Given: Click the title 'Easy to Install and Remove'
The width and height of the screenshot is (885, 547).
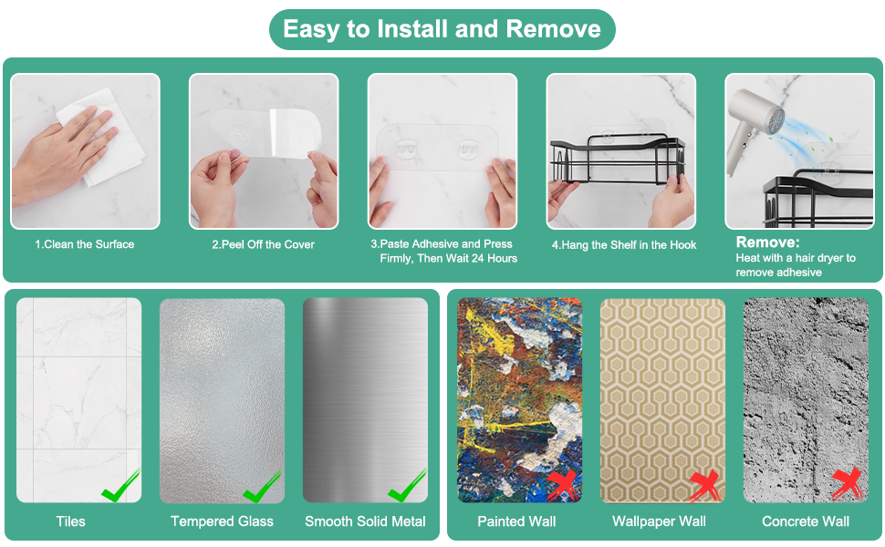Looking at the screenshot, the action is pyautogui.click(x=442, y=29).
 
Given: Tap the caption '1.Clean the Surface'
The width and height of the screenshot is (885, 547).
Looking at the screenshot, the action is pyautogui.click(x=85, y=244).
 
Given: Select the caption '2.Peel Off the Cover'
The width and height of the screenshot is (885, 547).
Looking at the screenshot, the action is pyautogui.click(x=263, y=244).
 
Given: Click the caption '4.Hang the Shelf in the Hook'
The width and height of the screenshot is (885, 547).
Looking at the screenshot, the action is pyautogui.click(x=624, y=244).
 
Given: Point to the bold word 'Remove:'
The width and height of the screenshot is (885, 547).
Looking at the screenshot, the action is pyautogui.click(x=767, y=243).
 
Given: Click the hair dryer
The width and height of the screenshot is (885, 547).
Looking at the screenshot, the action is pyautogui.click(x=755, y=127).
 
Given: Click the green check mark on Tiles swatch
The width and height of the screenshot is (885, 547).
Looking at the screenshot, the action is pyautogui.click(x=120, y=486).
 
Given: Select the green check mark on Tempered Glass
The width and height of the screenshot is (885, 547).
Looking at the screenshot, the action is pyautogui.click(x=263, y=487).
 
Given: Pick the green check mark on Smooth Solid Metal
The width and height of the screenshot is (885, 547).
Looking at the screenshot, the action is pyautogui.click(x=407, y=486).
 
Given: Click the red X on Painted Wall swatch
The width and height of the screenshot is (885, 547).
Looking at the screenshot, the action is pyautogui.click(x=563, y=484).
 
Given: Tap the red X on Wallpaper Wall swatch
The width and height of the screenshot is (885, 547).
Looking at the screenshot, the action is pyautogui.click(x=705, y=486).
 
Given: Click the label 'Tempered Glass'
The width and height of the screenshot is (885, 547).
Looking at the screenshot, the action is pyautogui.click(x=222, y=521).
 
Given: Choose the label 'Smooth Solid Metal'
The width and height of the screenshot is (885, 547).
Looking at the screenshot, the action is pyautogui.click(x=365, y=521).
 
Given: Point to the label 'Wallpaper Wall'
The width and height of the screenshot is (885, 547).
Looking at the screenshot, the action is pyautogui.click(x=660, y=521).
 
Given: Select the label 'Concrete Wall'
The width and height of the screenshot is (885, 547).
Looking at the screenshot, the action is pyautogui.click(x=806, y=521).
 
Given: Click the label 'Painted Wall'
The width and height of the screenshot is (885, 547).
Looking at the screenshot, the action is pyautogui.click(x=516, y=521).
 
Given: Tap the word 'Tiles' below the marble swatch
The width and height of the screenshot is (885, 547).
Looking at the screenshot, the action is pyautogui.click(x=70, y=521).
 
